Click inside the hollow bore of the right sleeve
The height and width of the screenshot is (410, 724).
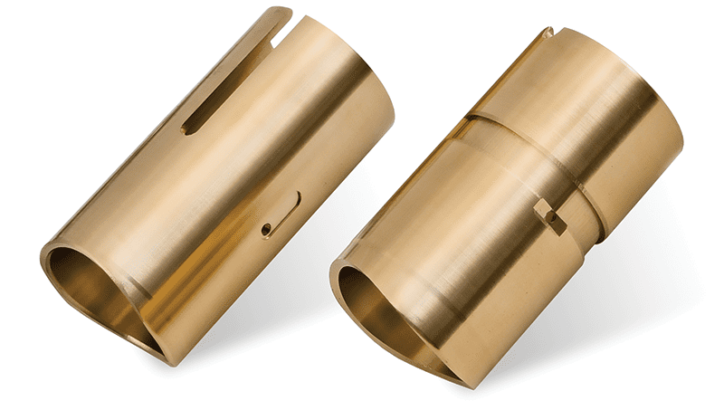tap(380, 309)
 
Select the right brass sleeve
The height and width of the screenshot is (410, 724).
tap(516, 199)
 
